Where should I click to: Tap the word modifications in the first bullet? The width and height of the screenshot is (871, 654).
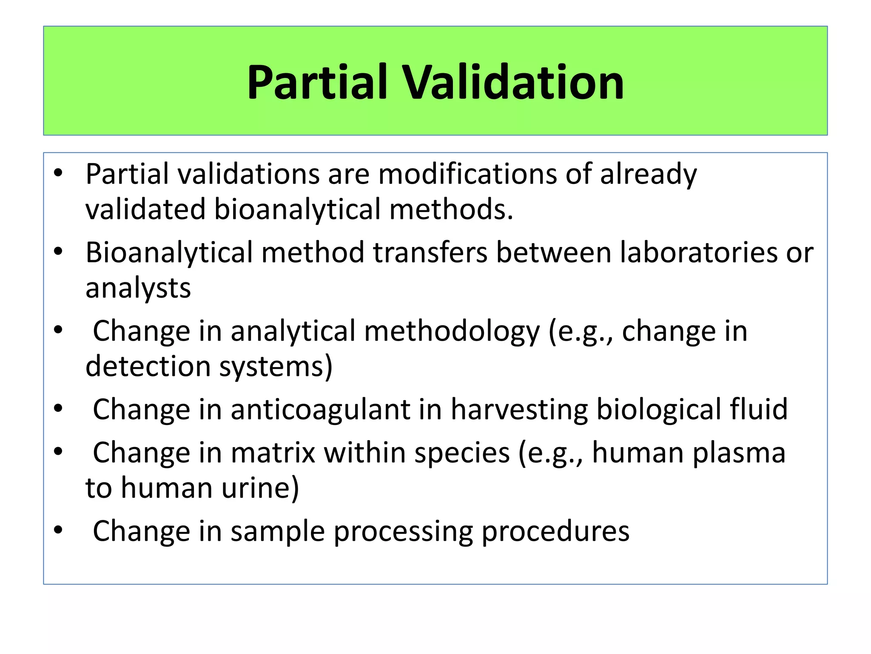click(x=467, y=174)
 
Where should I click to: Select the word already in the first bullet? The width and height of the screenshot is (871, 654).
click(x=648, y=174)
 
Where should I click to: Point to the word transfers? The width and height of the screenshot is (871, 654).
click(x=430, y=252)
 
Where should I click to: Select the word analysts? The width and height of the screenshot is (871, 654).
click(x=138, y=288)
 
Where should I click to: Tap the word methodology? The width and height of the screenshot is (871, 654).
click(x=452, y=331)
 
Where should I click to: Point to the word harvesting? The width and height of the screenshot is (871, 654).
click(x=519, y=410)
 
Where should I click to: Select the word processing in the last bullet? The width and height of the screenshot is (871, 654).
click(x=403, y=531)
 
